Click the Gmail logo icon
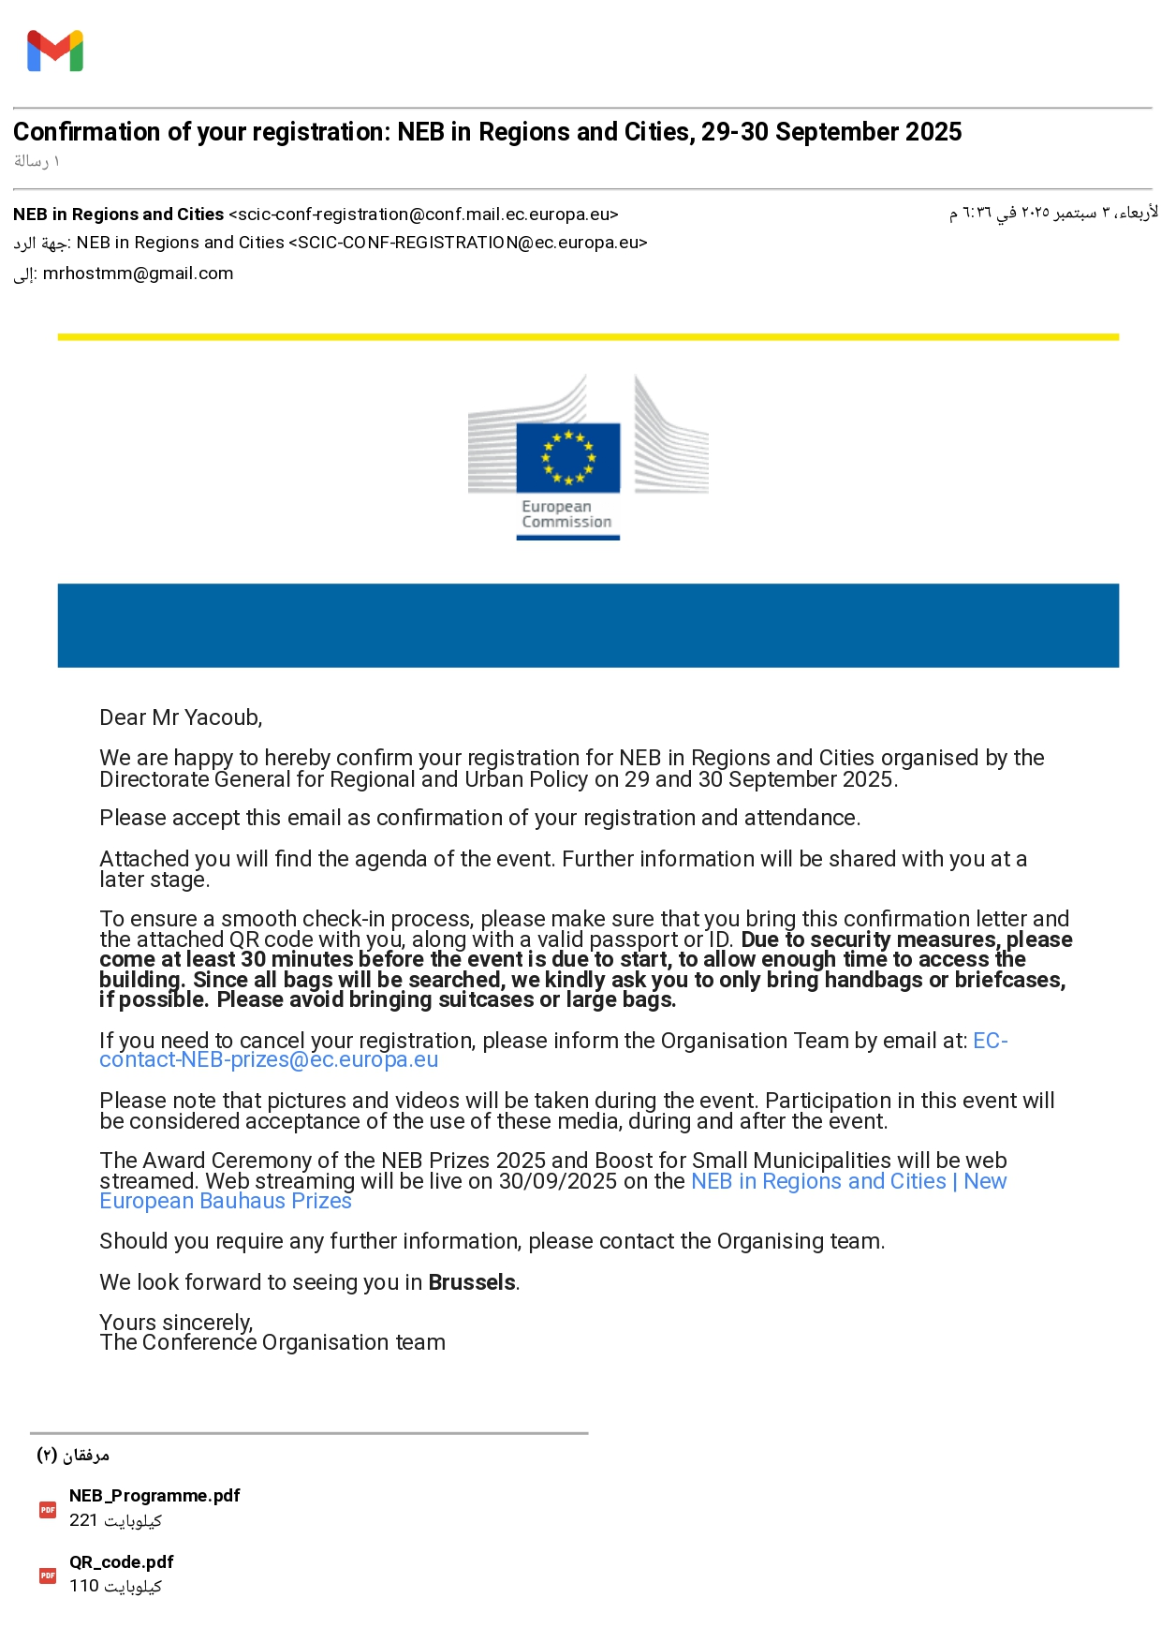pyautogui.click(x=55, y=52)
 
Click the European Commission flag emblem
pyautogui.click(x=568, y=457)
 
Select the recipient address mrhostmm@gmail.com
pyautogui.click(x=138, y=274)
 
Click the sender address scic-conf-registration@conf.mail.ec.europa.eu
pyautogui.click(x=423, y=214)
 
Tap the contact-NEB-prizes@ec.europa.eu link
pyautogui.click(x=269, y=1060)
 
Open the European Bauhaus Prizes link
pyautogui.click(x=226, y=1202)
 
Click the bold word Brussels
pyautogui.click(x=472, y=1282)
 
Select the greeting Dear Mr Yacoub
pyautogui.click(x=181, y=717)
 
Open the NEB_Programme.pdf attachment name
pyautogui.click(x=154, y=1496)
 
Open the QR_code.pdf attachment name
pyautogui.click(x=121, y=1561)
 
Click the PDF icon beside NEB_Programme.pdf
pyautogui.click(x=48, y=1509)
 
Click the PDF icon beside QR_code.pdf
pyautogui.click(x=48, y=1575)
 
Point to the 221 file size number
pyautogui.click(x=83, y=1520)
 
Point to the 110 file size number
pyautogui.click(x=83, y=1586)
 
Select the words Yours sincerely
pyautogui.click(x=176, y=1323)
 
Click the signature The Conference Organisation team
pyautogui.click(x=272, y=1343)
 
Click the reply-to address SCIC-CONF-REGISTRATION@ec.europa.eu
pyautogui.click(x=468, y=243)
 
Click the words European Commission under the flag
pyautogui.click(x=566, y=514)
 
